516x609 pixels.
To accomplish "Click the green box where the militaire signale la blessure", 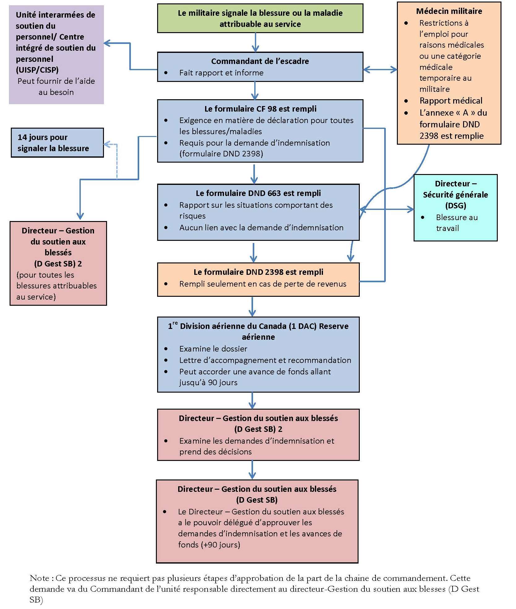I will [x=260, y=18].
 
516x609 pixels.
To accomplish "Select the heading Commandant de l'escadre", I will [x=260, y=61].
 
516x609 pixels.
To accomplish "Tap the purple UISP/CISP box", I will [x=56, y=54].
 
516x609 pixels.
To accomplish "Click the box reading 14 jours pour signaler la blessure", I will [x=57, y=143].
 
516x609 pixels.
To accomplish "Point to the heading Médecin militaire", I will [x=449, y=11].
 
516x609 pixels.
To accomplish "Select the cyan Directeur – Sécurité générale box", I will [x=455, y=207].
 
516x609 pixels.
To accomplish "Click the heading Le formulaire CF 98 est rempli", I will [x=260, y=109].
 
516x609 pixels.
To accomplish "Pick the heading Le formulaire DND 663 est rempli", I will [x=258, y=193].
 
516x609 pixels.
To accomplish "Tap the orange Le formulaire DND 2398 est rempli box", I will [x=258, y=279].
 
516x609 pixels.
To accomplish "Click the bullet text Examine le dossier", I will [x=213, y=349].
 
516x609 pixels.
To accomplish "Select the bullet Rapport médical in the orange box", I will [x=451, y=101].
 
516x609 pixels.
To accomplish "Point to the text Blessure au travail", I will [x=456, y=223].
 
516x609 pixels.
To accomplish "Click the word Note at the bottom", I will [x=39, y=578].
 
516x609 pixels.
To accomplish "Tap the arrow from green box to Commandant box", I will [x=255, y=42].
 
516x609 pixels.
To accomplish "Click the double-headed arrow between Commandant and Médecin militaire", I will [x=380, y=70].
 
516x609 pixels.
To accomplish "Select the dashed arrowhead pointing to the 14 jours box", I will [x=107, y=144].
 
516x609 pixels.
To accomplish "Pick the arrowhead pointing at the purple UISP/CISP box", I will [x=107, y=43].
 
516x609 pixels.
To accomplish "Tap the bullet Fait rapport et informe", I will [x=221, y=73].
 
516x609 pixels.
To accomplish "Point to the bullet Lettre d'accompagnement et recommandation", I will [x=265, y=360].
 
